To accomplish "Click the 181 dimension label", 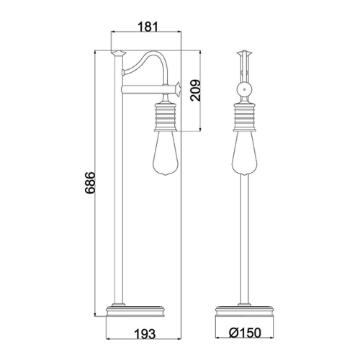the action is pyautogui.click(x=148, y=27).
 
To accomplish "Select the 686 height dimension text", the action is pyautogui.click(x=90, y=182).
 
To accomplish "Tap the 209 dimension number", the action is pyautogui.click(x=195, y=90).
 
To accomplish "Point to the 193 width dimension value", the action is pyautogui.click(x=145, y=334).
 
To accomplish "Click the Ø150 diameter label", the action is pyautogui.click(x=245, y=333).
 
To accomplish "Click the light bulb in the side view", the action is pyautogui.click(x=166, y=153).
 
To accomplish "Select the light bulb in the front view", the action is pyautogui.click(x=245, y=153).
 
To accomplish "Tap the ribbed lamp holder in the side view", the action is pyautogui.click(x=166, y=117).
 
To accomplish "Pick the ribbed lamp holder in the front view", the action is pyautogui.click(x=245, y=117).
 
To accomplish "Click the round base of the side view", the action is pyautogui.click(x=135, y=311).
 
